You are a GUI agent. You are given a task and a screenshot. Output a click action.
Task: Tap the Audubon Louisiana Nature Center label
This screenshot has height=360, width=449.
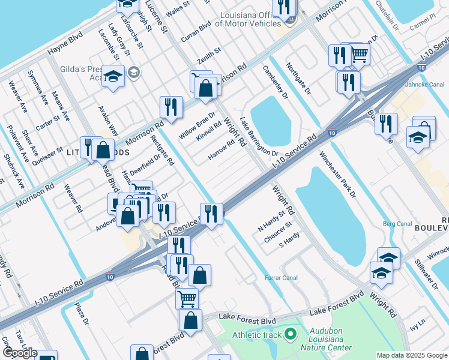pos(330,339)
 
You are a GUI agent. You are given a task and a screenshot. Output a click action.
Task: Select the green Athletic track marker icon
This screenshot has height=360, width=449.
pos(291,334)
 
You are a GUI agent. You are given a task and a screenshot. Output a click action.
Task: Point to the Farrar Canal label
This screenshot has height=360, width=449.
pos(281,278)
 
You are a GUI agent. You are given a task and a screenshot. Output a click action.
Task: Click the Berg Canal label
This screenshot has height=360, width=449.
pos(397,224)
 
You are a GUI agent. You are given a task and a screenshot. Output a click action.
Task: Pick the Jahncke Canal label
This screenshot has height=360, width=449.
pos(429,85)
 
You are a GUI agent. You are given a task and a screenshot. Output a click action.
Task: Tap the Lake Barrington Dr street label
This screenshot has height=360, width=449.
pos(259,137)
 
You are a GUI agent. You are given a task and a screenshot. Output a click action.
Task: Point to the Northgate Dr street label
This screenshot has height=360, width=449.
pos(298,79)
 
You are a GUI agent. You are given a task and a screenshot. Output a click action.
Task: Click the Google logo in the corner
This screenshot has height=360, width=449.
pos(20,353)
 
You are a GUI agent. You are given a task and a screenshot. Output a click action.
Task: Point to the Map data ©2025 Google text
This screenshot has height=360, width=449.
pos(412,355)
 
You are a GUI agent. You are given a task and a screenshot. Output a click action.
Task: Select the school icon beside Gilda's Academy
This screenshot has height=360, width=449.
pos(113,77)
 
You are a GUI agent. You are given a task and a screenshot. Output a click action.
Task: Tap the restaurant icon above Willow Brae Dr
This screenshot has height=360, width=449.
pos(171,107)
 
